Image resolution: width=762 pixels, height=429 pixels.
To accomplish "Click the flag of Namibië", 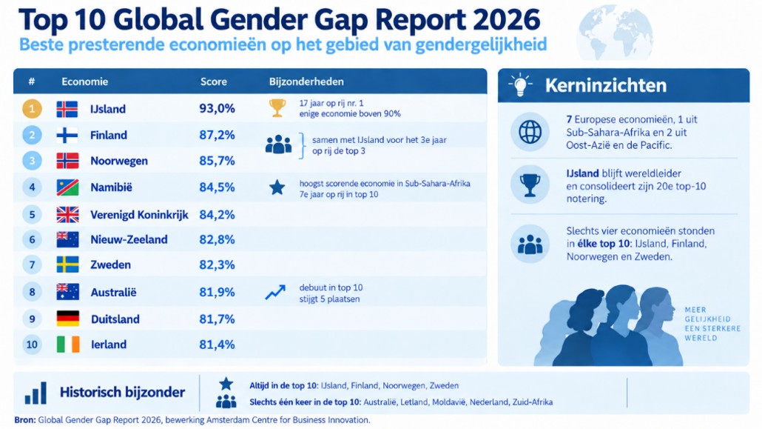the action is click(67, 187).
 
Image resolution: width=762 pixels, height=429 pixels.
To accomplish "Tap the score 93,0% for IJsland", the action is click(218, 109).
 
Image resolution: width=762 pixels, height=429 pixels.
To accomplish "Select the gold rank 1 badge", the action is click(32, 109).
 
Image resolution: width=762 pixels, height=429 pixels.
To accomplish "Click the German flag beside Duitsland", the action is click(68, 319).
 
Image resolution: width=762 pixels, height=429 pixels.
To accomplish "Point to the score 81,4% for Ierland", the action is click(218, 345).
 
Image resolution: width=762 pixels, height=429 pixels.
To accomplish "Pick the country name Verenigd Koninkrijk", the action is click(140, 215).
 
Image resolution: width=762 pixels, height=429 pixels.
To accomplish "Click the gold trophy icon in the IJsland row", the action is click(277, 108).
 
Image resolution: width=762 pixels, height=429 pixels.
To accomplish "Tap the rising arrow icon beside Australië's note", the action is click(275, 292).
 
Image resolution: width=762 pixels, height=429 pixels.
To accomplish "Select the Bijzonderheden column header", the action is click(306, 82).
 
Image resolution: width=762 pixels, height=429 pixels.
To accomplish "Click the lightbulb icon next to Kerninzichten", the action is click(520, 85).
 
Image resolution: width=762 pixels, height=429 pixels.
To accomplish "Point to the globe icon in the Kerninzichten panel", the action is click(530, 132).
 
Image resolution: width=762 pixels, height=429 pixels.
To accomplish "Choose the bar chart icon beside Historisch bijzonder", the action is click(36, 393).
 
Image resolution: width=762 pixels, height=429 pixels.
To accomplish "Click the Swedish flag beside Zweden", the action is click(67, 265).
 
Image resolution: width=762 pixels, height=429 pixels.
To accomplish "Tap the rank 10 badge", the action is click(32, 345).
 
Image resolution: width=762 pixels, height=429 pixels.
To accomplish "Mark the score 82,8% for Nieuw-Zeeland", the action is click(218, 239).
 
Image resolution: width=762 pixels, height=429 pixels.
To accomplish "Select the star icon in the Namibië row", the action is click(277, 187).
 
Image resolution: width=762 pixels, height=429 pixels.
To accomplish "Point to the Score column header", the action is click(214, 82).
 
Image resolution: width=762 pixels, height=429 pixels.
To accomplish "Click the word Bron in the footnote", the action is click(25, 420).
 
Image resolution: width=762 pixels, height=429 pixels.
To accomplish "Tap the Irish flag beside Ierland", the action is click(68, 345).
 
